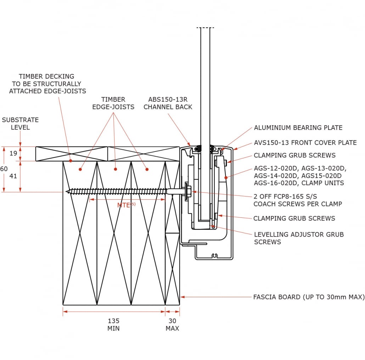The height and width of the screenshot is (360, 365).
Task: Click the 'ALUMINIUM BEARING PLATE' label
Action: [298, 128]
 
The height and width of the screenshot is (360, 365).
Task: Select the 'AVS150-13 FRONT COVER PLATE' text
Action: [305, 143]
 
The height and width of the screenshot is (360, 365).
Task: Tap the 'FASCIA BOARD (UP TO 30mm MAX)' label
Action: [309, 297]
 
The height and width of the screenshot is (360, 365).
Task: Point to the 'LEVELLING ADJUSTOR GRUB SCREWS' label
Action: [299, 238]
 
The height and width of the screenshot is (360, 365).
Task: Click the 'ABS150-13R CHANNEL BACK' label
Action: [168, 103]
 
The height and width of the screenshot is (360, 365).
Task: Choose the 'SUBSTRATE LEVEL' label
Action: [20, 123]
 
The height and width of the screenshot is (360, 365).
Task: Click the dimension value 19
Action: [13, 154]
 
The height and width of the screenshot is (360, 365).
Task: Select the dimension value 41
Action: [13, 176]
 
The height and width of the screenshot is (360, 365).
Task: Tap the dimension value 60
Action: [4, 169]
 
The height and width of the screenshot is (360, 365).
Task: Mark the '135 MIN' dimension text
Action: [113, 324]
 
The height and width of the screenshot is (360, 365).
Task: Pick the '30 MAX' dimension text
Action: [172, 324]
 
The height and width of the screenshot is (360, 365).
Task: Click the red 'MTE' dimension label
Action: [126, 205]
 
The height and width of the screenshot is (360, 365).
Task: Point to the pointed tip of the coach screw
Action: [67, 192]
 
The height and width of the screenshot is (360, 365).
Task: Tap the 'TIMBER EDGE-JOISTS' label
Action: [113, 103]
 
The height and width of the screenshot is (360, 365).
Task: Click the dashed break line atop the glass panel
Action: [205, 28]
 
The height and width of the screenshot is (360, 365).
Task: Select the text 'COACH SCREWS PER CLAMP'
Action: [298, 204]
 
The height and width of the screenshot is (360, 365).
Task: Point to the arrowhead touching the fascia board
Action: [182, 297]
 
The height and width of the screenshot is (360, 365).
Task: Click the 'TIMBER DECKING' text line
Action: [46, 76]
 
